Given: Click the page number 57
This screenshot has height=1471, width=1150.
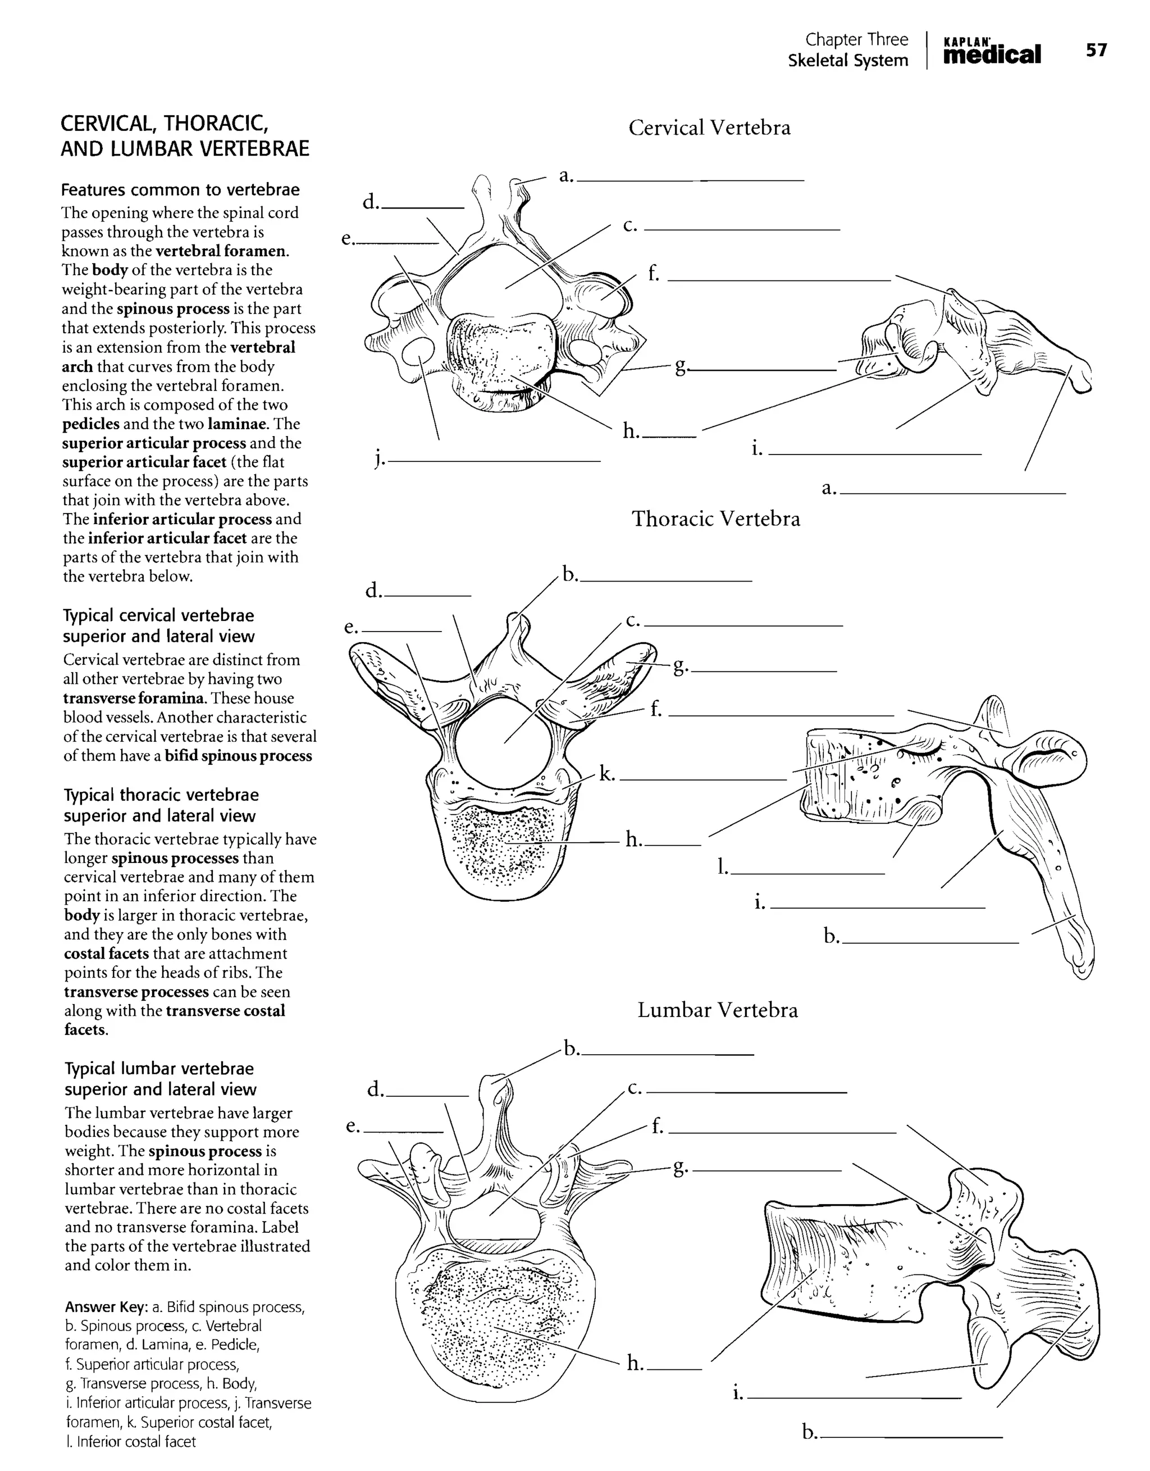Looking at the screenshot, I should (x=1096, y=50).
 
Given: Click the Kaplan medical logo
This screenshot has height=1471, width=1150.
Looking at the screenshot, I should (x=992, y=51).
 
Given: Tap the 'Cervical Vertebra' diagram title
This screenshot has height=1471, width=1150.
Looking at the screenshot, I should (x=709, y=128).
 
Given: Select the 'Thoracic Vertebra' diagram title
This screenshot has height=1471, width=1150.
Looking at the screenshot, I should (x=716, y=519).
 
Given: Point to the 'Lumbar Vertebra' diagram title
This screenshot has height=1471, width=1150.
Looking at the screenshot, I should (x=717, y=1010).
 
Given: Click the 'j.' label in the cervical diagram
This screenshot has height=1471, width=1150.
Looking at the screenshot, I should (x=379, y=460).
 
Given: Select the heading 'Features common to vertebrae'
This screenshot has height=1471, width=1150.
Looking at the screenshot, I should (x=180, y=190).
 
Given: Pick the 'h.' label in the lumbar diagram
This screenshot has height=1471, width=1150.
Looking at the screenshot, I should (x=635, y=1364).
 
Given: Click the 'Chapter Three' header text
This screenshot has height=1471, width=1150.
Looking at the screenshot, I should (x=856, y=40).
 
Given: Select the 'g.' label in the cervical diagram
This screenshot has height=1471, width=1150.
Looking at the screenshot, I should (x=681, y=366).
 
